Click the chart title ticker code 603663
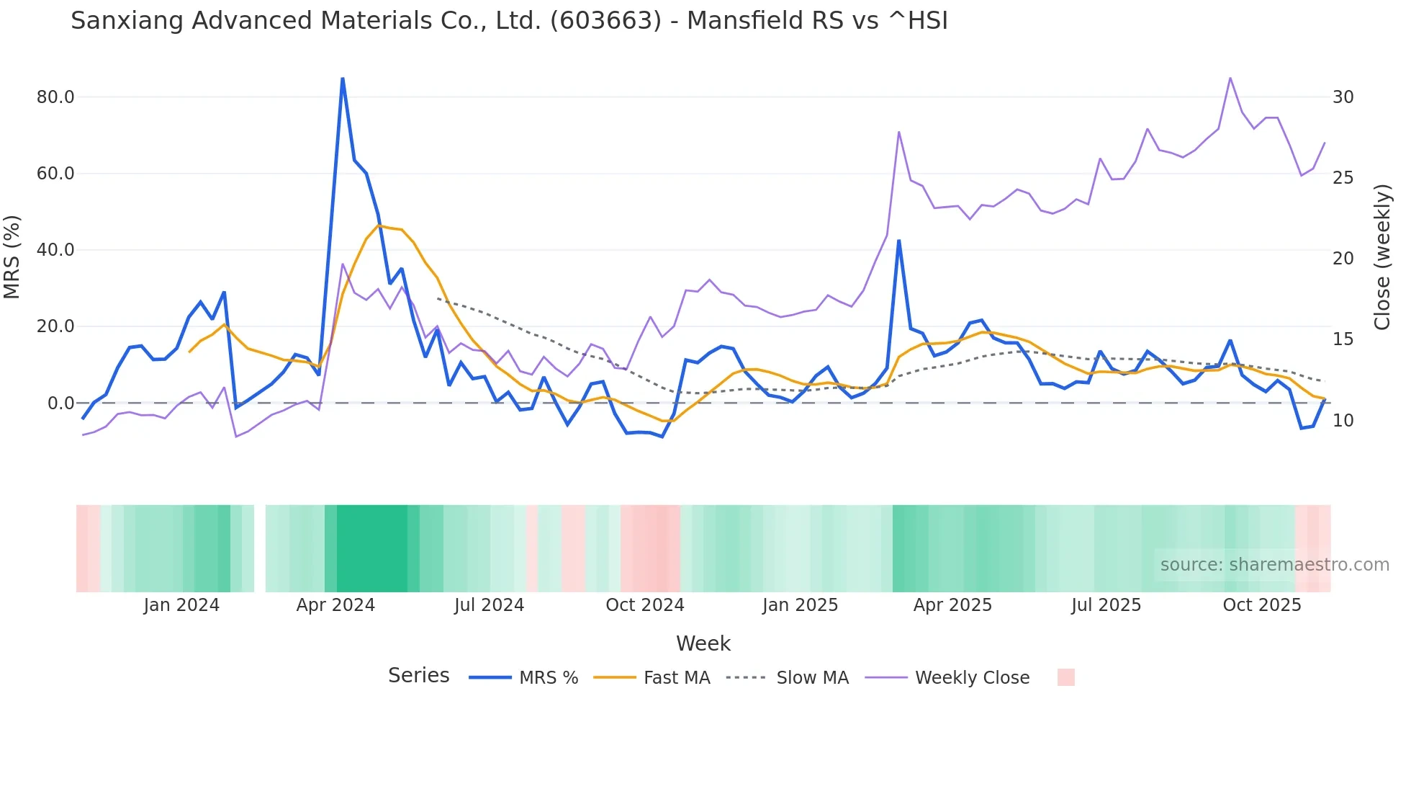click(x=605, y=21)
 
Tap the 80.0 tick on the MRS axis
click(x=55, y=97)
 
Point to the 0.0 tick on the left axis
click(x=60, y=403)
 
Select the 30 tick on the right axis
click(x=1343, y=97)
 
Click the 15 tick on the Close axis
click(x=1343, y=339)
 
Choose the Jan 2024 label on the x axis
click(x=181, y=605)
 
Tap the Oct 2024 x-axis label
click(x=644, y=605)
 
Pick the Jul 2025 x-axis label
click(x=1106, y=605)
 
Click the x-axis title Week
click(x=703, y=643)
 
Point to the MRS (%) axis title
click(x=12, y=257)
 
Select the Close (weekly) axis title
click(x=1381, y=257)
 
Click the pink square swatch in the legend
click(x=1065, y=677)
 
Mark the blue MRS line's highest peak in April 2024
click(x=343, y=79)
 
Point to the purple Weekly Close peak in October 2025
click(x=1230, y=78)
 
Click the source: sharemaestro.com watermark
click(x=1274, y=565)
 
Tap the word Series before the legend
click(x=418, y=676)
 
